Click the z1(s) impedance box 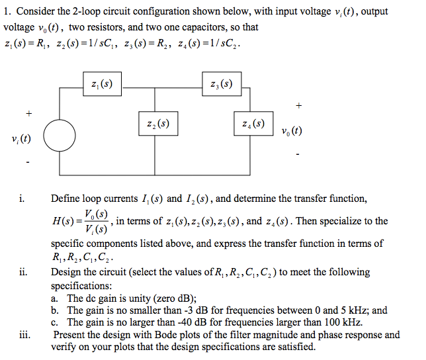pyautogui.click(x=103, y=84)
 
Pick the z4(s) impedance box pyautogui.click(x=253, y=123)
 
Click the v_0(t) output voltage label pyautogui.click(x=291, y=130)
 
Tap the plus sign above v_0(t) pyautogui.click(x=299, y=105)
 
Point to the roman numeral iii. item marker pyautogui.click(x=24, y=334)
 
